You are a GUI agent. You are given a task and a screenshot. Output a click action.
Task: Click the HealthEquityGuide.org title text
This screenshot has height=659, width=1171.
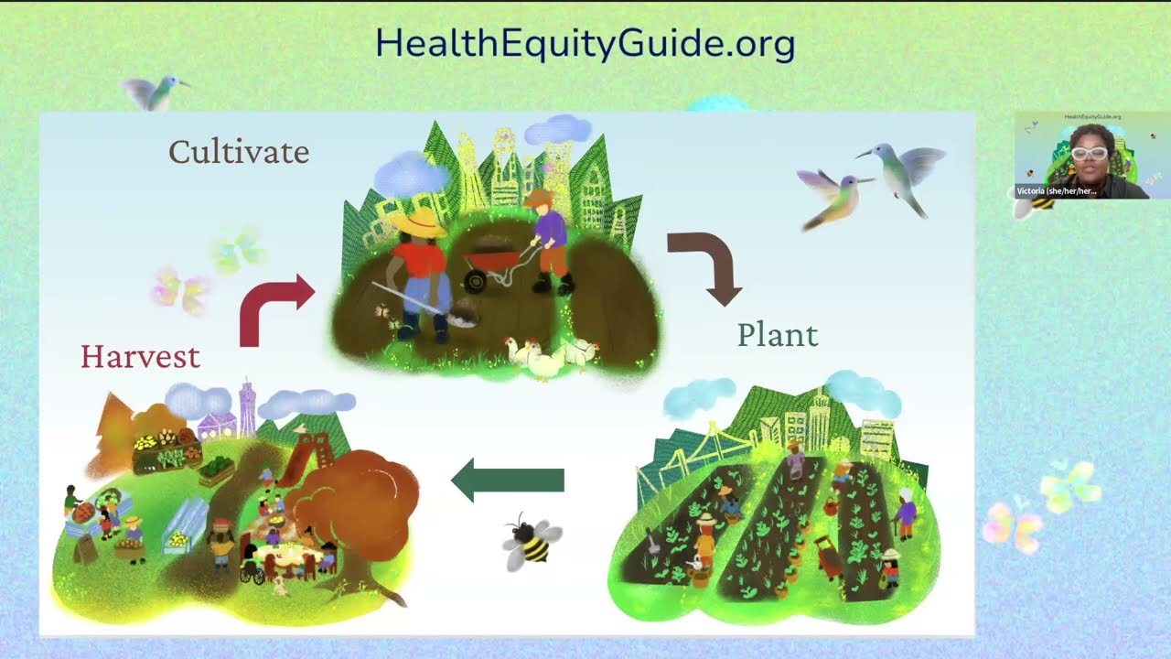(585, 44)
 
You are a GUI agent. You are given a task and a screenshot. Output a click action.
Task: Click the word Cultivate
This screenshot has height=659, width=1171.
(239, 152)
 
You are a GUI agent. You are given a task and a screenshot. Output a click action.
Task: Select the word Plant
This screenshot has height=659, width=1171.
(778, 335)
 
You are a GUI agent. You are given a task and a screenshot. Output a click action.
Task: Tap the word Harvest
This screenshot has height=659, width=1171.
(140, 356)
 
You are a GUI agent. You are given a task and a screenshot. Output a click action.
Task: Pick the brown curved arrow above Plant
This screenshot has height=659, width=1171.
(709, 265)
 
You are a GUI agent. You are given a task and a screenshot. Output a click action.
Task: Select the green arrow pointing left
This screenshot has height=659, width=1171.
(509, 481)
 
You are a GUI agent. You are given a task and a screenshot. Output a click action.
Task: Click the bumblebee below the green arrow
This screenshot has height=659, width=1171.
(531, 541)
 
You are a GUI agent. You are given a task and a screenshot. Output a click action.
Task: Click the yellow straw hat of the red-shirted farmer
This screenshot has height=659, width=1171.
(422, 223)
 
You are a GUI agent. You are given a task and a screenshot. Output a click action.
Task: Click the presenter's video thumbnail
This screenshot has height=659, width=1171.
(1081, 156)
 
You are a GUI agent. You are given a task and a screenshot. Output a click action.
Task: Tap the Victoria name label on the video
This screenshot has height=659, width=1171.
(1056, 191)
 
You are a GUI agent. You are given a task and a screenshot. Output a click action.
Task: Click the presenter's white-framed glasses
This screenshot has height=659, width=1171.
(1089, 153)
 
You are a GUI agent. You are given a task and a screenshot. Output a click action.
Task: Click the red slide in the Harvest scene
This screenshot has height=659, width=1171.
(297, 462)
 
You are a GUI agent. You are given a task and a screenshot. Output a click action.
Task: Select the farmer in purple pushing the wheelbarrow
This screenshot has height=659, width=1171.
(549, 243)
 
